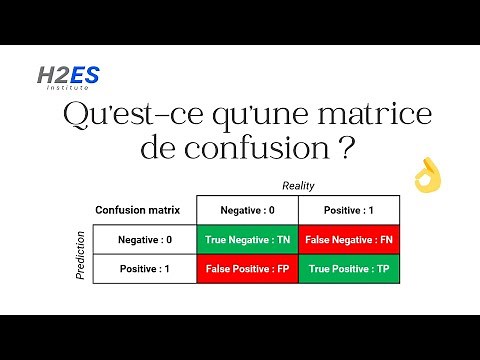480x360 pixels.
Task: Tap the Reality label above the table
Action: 298,186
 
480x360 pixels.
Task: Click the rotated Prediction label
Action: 81,254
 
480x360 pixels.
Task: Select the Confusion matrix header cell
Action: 144,211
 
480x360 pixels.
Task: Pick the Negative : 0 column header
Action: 246,211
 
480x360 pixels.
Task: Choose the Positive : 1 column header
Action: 349,211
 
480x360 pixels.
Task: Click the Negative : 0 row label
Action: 144,240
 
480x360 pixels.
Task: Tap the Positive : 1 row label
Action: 144,269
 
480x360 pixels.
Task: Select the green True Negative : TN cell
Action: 246,240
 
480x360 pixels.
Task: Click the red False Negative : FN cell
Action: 349,240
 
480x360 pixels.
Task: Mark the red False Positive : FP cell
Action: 246,269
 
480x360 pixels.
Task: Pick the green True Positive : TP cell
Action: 349,269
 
